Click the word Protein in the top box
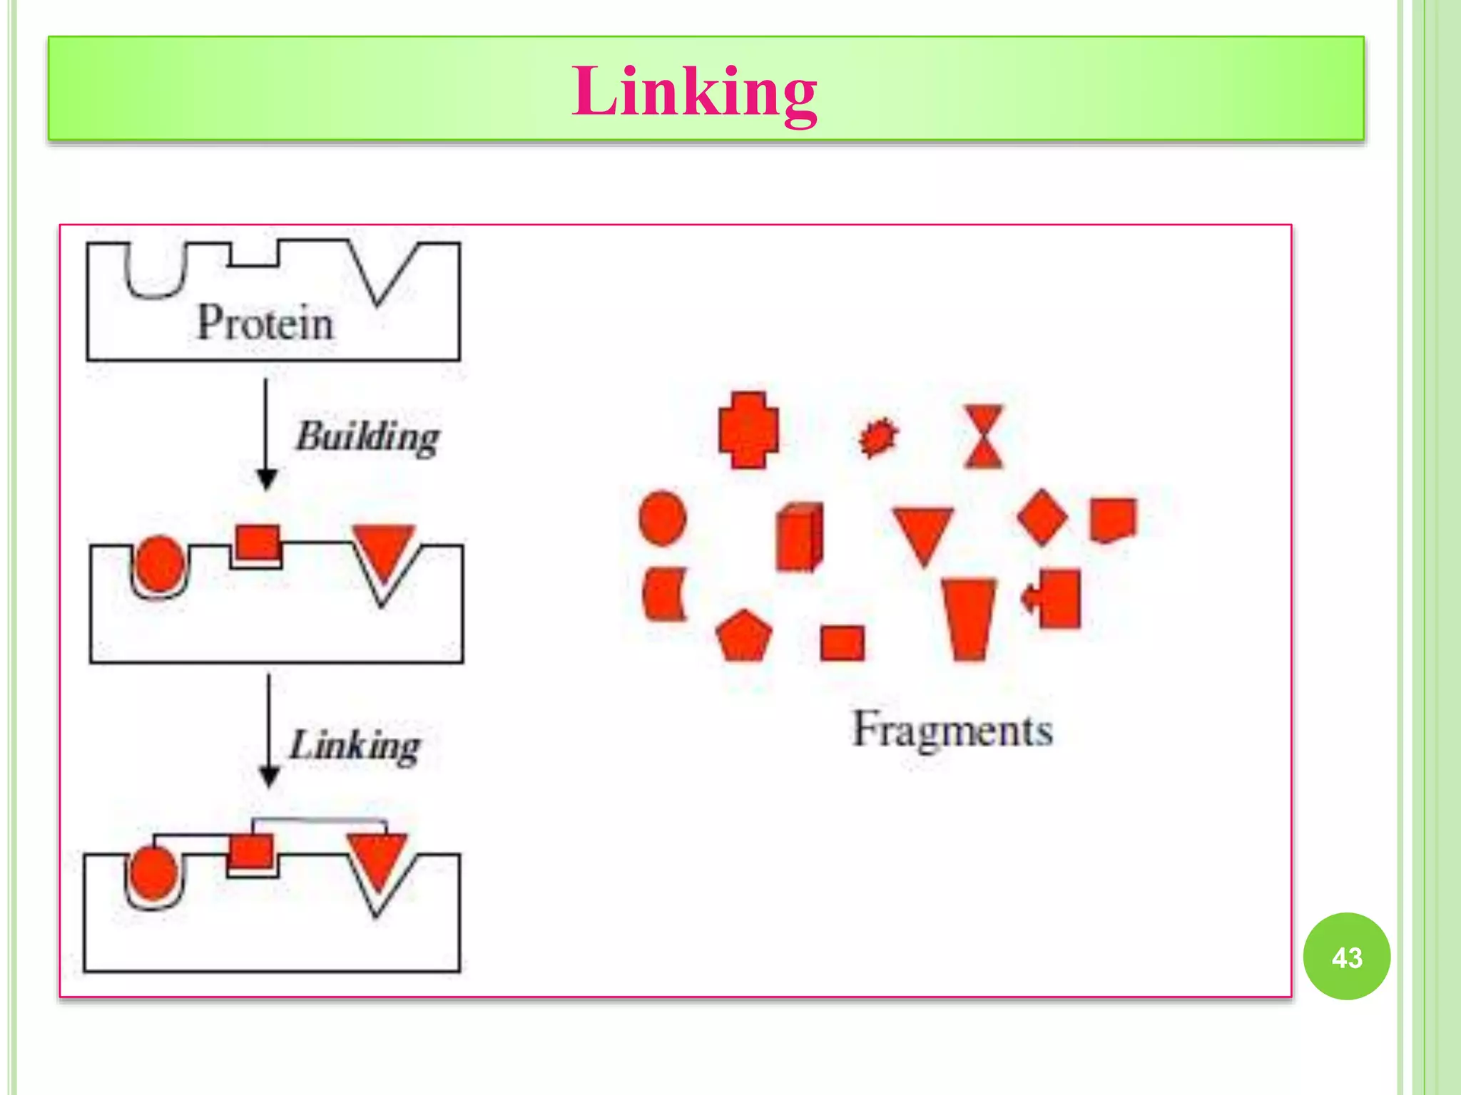[265, 323]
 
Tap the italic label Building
[367, 436]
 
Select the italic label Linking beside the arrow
[355, 746]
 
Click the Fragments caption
[952, 730]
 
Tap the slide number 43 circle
[1346, 957]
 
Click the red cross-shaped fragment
[748, 430]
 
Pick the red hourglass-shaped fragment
[984, 436]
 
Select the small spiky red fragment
[878, 437]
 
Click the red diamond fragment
[1042, 518]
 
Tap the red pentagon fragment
[744, 637]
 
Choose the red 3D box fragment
[798, 537]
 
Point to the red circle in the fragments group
[663, 518]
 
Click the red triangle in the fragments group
[923, 532]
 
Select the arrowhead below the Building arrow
[266, 479]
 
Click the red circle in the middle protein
[159, 563]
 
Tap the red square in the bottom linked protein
[250, 850]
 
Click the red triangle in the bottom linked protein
[377, 859]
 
